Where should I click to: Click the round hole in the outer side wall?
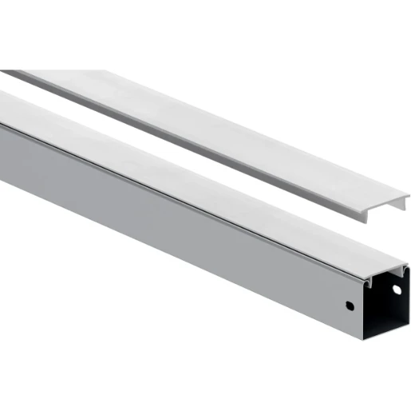coord(348,305)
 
